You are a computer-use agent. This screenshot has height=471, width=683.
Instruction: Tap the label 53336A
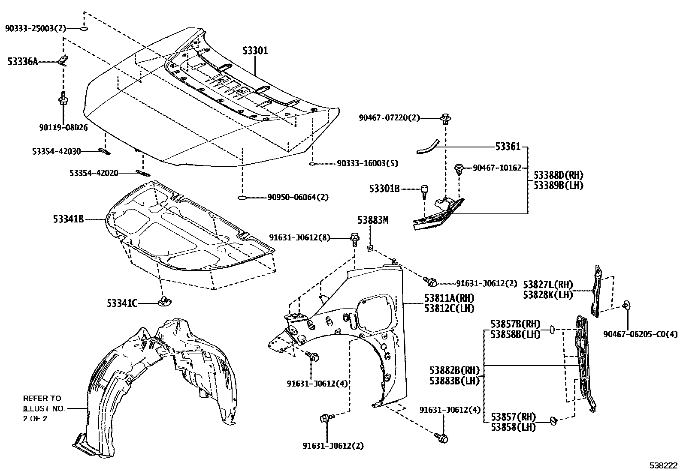point(22,62)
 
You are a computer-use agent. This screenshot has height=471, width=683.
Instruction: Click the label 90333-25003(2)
point(36,29)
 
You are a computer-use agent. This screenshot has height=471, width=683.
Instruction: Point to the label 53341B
point(68,219)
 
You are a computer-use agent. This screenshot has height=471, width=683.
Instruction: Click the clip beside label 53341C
point(165,301)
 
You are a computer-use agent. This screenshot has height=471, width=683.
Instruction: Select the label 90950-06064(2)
point(298,197)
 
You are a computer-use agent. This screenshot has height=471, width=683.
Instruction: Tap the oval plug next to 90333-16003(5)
point(312,163)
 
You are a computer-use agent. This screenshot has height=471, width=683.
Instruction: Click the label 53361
point(508,147)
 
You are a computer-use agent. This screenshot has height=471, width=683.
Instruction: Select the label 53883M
point(373,220)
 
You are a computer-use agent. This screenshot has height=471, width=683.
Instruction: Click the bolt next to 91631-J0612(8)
point(354,238)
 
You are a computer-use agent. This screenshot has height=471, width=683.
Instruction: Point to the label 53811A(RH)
point(449,298)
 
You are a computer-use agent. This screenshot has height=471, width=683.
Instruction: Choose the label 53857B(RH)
point(515,324)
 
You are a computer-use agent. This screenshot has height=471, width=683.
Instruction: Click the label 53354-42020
point(94,173)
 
